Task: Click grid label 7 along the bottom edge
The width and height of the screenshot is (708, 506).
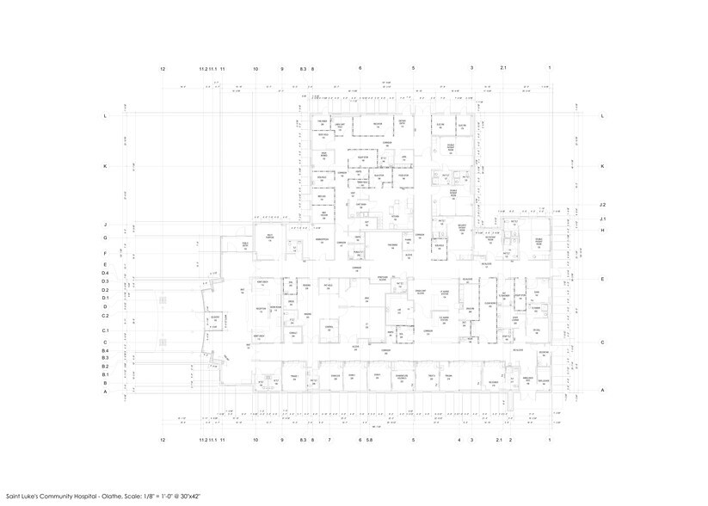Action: pyautogui.click(x=329, y=440)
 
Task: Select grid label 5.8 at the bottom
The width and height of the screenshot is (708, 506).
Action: pyautogui.click(x=370, y=440)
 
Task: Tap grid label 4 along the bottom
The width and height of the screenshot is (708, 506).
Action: pyautogui.click(x=459, y=440)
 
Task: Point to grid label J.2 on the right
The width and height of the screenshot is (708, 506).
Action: pyautogui.click(x=603, y=205)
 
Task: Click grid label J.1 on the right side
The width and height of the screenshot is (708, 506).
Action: pyautogui.click(x=603, y=219)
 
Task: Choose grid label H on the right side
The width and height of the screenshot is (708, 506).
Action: pyautogui.click(x=603, y=231)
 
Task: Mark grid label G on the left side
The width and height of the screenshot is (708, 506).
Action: pyautogui.click(x=105, y=238)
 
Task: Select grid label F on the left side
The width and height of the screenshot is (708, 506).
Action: pyautogui.click(x=105, y=254)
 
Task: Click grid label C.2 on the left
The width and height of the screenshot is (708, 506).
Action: pyautogui.click(x=105, y=316)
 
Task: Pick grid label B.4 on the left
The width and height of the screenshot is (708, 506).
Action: pyautogui.click(x=105, y=351)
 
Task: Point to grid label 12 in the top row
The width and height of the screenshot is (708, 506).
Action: pyautogui.click(x=163, y=67)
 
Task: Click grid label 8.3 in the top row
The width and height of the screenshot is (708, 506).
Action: pyautogui.click(x=303, y=67)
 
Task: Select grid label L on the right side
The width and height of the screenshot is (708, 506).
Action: pyautogui.click(x=603, y=115)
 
